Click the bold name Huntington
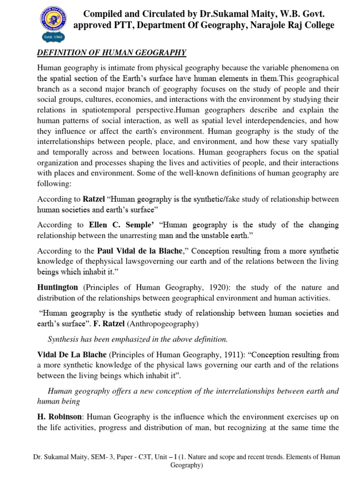[58, 287]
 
